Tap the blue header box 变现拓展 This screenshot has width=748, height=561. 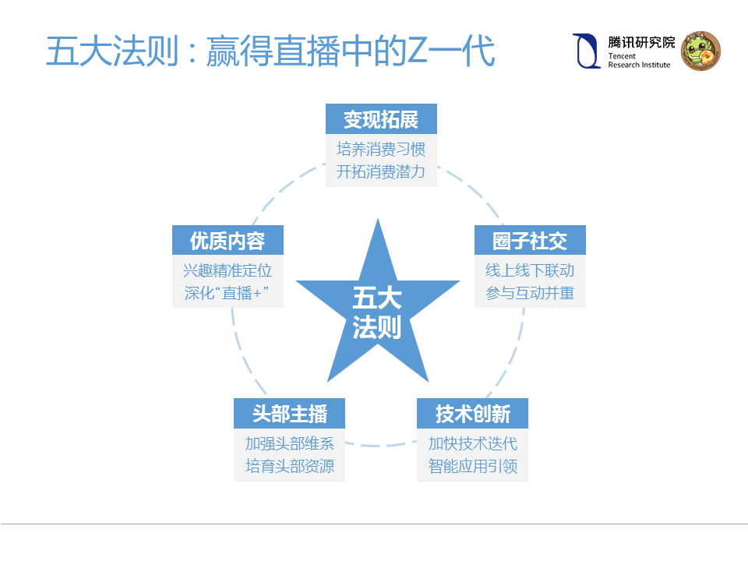[381, 120]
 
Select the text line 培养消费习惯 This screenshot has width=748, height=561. [381, 149]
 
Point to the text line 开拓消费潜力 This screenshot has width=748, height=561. [381, 171]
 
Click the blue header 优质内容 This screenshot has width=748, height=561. [228, 241]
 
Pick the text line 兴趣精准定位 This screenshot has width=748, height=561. [228, 270]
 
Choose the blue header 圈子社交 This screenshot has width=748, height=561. [530, 241]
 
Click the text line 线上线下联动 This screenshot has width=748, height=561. [530, 270]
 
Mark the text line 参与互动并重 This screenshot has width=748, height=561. [530, 294]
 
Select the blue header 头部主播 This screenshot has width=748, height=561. [289, 414]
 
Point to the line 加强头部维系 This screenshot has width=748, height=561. [289, 444]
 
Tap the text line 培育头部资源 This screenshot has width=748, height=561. [289, 467]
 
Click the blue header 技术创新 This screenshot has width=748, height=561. [472, 414]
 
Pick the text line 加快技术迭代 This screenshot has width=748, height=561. [472, 444]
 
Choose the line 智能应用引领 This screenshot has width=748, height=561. [472, 467]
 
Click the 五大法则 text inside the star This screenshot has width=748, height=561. [377, 313]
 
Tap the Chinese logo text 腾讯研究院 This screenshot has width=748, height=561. [641, 43]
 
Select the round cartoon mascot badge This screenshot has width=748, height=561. [700, 51]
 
